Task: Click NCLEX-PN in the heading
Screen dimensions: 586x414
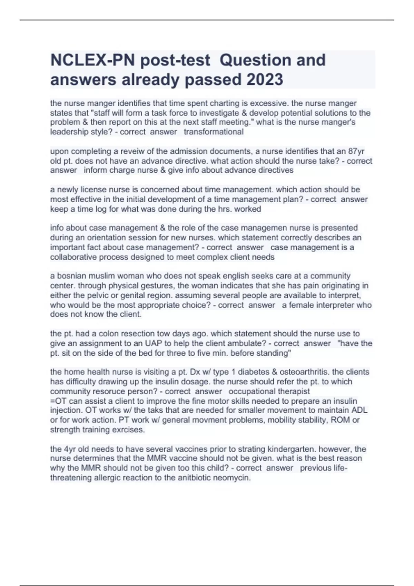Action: [92, 60]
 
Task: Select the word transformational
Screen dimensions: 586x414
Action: [214, 132]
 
